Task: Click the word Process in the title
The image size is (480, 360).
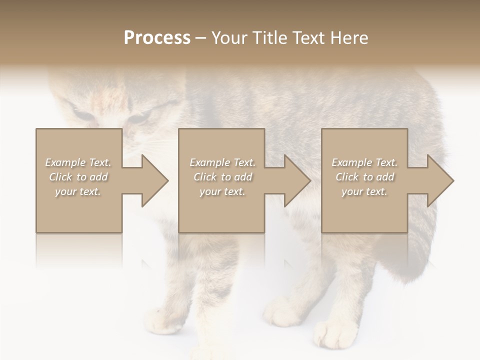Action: (x=157, y=38)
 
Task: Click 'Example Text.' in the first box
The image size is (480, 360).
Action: (x=78, y=162)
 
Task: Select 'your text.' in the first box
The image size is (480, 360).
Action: (x=78, y=191)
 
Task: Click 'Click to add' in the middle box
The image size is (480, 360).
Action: (x=222, y=177)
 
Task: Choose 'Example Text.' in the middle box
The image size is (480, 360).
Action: (x=222, y=162)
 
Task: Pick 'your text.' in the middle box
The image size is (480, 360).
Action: (x=222, y=191)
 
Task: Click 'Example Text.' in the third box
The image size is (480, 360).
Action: (x=364, y=162)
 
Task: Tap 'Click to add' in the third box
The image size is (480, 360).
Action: (x=364, y=177)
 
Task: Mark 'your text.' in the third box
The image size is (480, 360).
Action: (x=364, y=191)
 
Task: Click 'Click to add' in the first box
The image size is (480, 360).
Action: (x=78, y=177)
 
